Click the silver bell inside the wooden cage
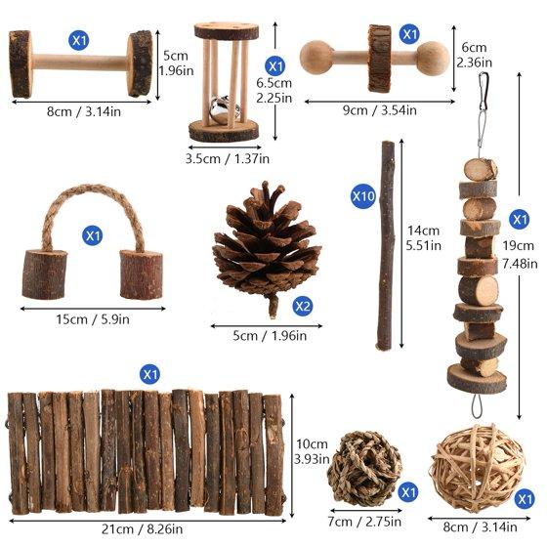[x=223, y=108]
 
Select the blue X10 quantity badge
[x=363, y=196]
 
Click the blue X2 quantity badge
[x=302, y=306]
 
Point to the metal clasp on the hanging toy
[x=483, y=92]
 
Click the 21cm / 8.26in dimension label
[x=142, y=529]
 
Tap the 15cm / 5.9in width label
[x=93, y=319]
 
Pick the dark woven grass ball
[x=365, y=469]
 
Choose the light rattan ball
[x=478, y=468]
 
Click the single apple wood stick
[x=386, y=245]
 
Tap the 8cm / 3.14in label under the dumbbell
[x=84, y=112]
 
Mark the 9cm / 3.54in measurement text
[x=380, y=110]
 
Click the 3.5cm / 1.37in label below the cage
[x=227, y=158]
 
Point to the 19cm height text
[x=518, y=245]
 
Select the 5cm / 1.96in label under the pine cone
[x=270, y=336]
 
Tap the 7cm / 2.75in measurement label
[x=364, y=522]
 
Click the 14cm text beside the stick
[x=423, y=231]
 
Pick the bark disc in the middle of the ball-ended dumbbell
[x=380, y=59]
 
